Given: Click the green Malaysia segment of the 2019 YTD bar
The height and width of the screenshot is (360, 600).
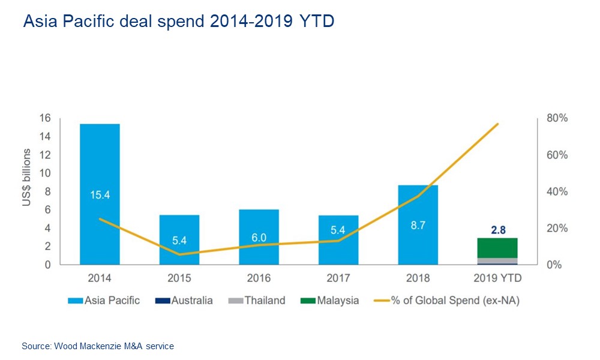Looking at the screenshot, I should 497,247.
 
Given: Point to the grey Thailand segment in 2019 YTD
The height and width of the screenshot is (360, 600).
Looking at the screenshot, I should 497,260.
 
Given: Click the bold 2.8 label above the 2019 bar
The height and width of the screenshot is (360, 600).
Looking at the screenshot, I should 497,230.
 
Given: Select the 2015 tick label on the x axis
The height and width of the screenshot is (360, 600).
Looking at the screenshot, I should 179,278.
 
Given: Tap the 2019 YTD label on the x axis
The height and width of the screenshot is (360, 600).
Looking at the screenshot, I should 497,278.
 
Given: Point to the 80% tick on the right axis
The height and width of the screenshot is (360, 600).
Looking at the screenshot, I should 556,118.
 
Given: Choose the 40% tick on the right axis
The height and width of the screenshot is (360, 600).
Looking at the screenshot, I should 556,191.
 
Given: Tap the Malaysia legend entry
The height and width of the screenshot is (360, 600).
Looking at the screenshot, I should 330,301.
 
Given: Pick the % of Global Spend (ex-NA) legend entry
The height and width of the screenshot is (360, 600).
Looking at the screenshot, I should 447,301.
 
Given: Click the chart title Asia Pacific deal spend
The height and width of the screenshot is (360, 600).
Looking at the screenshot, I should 178,22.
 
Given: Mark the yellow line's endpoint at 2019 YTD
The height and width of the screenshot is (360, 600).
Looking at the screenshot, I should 498,124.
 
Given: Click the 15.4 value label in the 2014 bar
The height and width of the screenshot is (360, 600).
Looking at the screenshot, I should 100,194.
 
